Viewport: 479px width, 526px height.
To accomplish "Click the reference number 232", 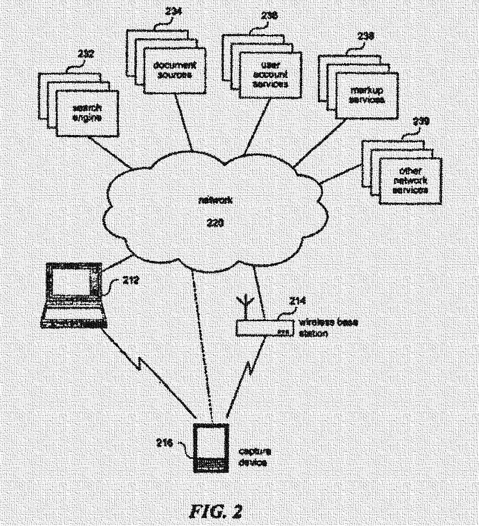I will click(85, 54).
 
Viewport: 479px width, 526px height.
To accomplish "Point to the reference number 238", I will click(366, 36).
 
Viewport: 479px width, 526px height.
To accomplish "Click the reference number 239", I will click(420, 122).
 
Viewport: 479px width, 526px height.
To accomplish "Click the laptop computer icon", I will click(74, 295).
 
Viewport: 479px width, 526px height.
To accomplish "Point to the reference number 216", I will click(165, 442).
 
